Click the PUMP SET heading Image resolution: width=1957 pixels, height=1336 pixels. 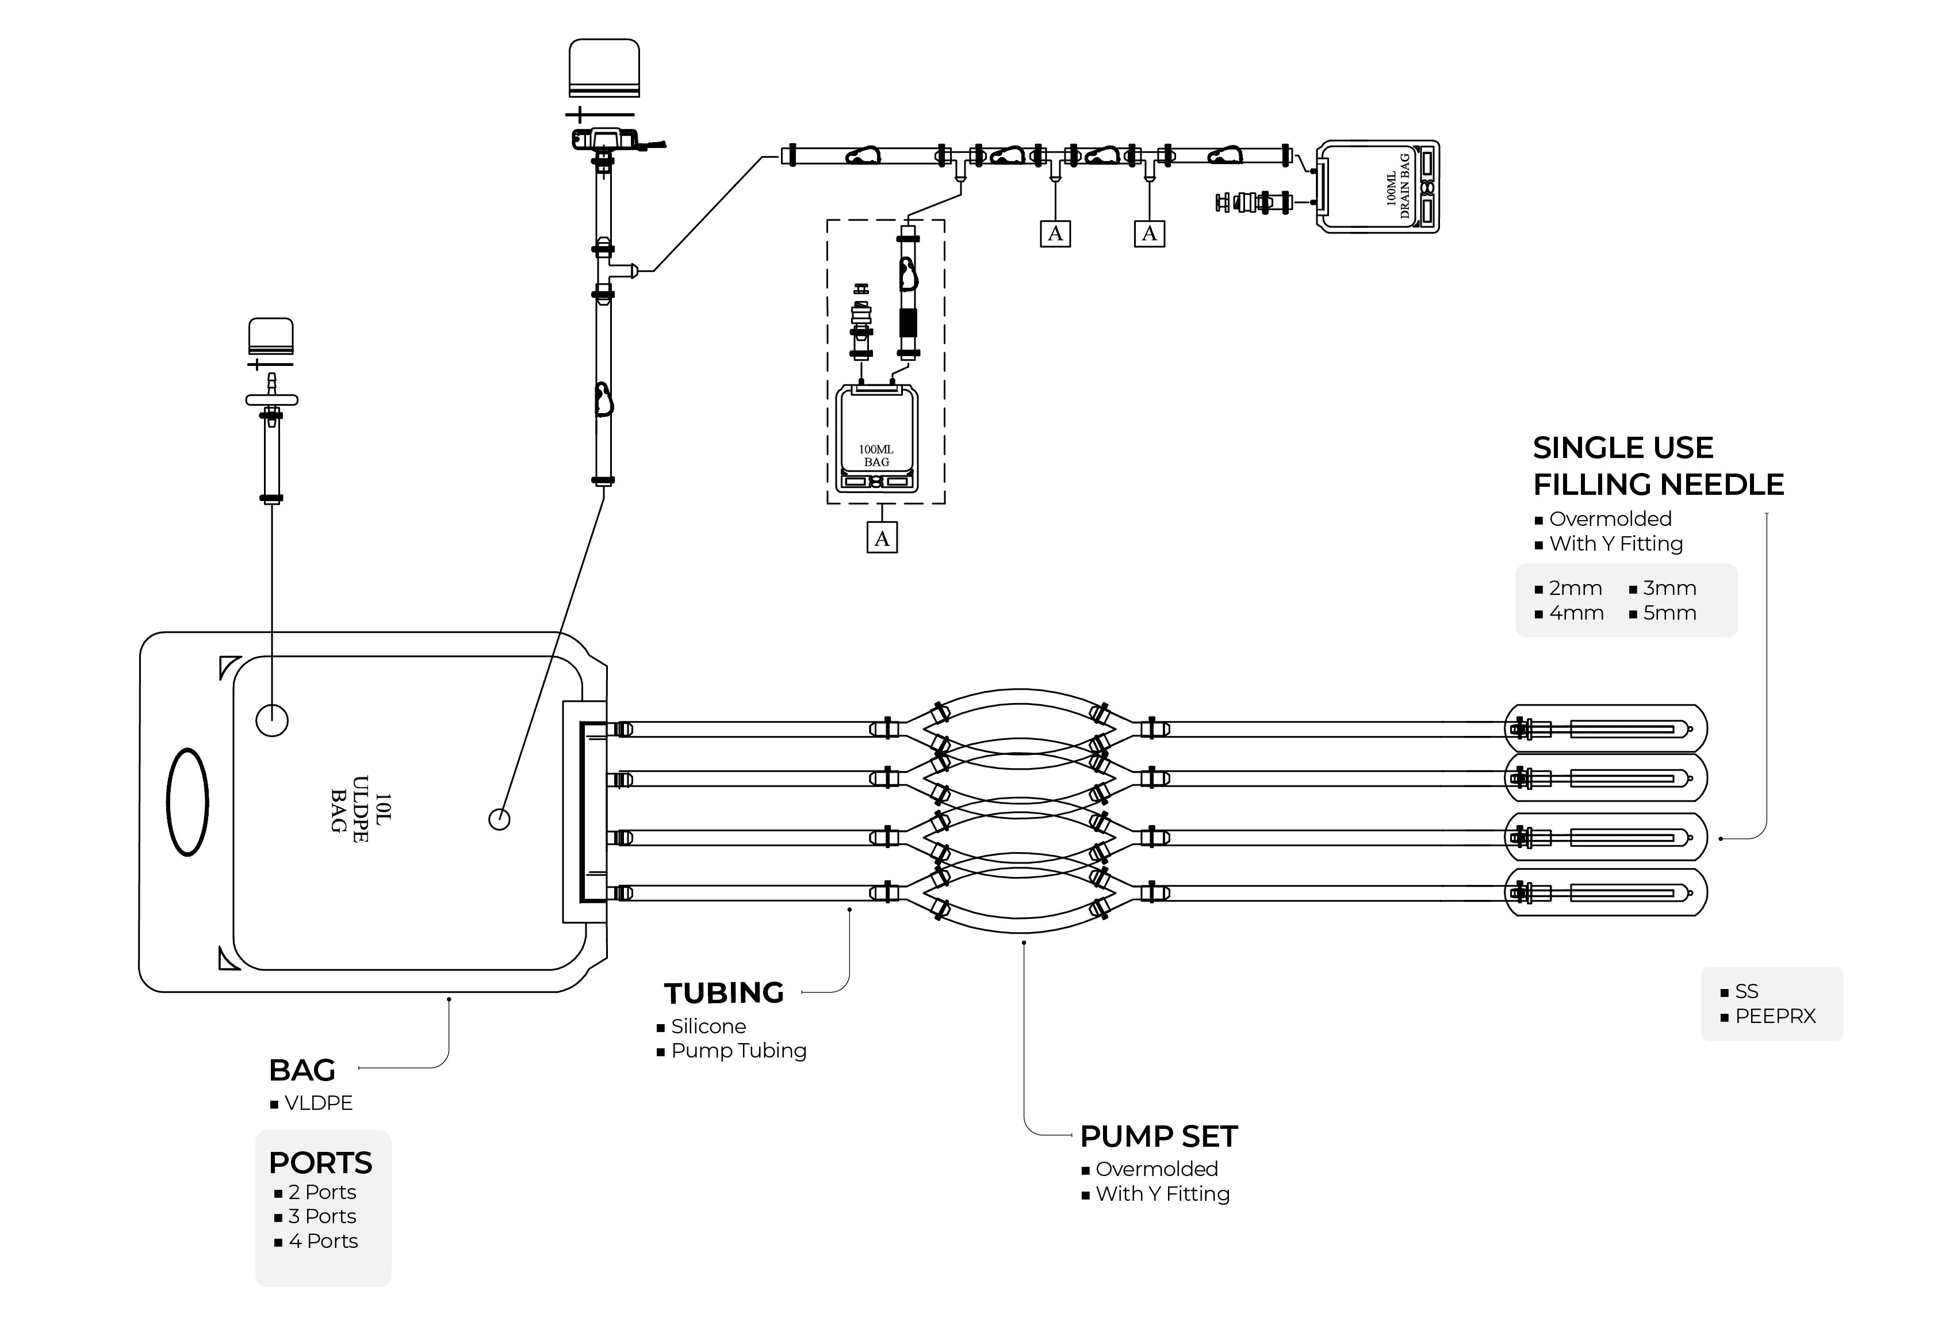click(1159, 1136)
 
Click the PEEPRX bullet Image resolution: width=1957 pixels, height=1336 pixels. click(1775, 1016)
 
